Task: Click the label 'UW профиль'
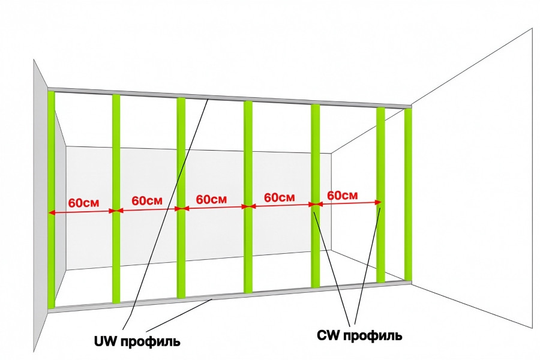(137, 341)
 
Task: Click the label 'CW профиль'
(359, 335)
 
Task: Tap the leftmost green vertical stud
(52, 199)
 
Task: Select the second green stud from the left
(116, 199)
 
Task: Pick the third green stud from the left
(181, 198)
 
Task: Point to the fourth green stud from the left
(248, 197)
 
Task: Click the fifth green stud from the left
(315, 196)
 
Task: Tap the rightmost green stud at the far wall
(408, 194)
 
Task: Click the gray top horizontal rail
(229, 97)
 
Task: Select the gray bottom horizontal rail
(229, 296)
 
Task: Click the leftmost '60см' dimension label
(83, 203)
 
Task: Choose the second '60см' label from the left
(147, 200)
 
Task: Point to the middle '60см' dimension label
(211, 199)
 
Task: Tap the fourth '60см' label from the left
(280, 197)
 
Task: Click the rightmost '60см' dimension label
(343, 196)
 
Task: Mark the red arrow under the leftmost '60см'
(83, 212)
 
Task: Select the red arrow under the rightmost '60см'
(348, 203)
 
